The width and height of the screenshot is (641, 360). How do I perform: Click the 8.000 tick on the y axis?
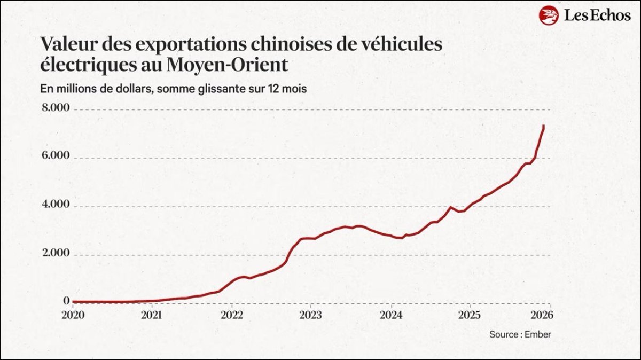56,108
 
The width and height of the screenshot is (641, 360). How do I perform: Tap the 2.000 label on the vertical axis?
56,253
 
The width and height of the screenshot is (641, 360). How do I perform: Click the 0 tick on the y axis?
66,301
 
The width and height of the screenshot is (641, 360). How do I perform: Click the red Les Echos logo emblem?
549,15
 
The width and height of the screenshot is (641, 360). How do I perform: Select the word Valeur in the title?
67,44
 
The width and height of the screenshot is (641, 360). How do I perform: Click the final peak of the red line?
543,126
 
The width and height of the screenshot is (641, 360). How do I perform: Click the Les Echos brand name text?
597,15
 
